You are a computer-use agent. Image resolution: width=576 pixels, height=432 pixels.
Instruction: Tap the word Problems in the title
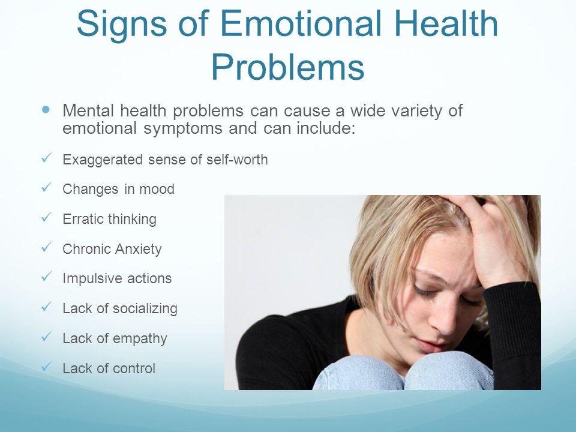coord(288,67)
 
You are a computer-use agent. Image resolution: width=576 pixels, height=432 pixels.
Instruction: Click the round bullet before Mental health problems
coord(46,109)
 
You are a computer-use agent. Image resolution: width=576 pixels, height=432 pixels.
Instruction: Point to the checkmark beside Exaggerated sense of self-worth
coord(46,158)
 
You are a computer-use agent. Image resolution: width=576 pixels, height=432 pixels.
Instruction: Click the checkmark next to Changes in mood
coord(46,187)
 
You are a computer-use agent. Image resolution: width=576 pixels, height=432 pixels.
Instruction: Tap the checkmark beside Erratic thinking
coord(46,217)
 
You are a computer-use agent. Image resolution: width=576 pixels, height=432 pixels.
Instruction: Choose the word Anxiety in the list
coord(138,250)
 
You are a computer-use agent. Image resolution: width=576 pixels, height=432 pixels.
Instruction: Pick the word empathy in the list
coord(140,338)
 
